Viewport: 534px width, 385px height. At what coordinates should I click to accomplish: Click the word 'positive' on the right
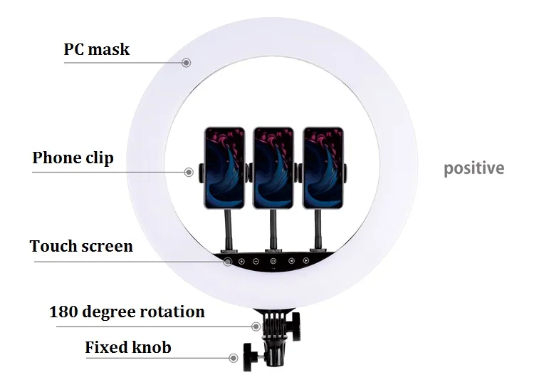[473, 169]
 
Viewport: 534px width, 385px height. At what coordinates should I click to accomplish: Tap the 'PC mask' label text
[97, 50]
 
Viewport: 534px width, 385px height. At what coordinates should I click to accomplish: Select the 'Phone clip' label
[73, 158]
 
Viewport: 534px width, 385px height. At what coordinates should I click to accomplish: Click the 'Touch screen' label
[81, 247]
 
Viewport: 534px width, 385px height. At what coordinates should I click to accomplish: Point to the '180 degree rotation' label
[127, 312]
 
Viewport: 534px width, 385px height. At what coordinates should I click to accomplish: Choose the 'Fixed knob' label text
[128, 348]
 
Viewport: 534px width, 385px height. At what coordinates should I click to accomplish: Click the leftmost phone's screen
[224, 168]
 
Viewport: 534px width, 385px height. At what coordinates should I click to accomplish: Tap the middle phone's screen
[273, 168]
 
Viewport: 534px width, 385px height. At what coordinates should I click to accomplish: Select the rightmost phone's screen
[323, 168]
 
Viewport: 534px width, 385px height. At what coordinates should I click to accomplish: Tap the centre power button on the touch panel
[273, 262]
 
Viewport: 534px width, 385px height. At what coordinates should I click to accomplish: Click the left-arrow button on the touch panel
[291, 262]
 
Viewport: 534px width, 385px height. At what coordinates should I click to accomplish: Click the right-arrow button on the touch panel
[306, 262]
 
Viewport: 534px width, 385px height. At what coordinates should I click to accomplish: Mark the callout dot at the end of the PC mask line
[187, 63]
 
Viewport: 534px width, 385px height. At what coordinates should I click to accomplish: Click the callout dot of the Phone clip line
[189, 171]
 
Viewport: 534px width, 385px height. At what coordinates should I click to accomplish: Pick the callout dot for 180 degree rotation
[256, 327]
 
